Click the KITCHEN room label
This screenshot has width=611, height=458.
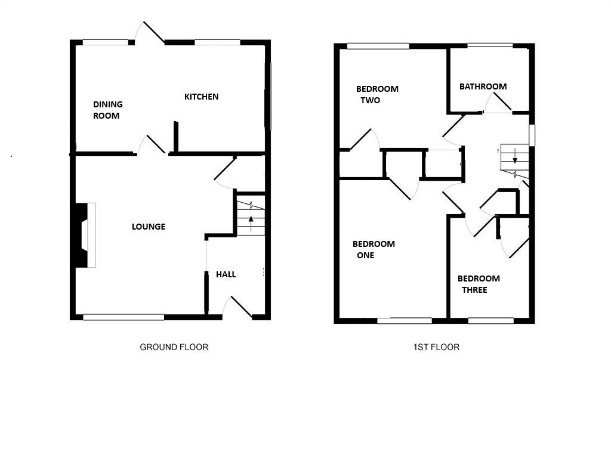(x=201, y=97)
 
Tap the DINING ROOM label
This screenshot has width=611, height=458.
(x=107, y=110)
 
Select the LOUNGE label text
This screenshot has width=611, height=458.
(x=149, y=227)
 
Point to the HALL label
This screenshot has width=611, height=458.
(x=226, y=274)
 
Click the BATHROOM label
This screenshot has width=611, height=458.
(x=483, y=86)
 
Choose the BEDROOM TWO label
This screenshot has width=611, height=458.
(x=377, y=95)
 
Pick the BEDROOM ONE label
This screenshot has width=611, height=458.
(x=374, y=249)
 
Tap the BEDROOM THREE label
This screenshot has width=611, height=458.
(x=479, y=284)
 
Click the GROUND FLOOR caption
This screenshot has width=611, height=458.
(x=174, y=347)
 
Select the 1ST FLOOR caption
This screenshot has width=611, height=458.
(x=436, y=347)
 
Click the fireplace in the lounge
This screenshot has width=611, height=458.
(x=83, y=235)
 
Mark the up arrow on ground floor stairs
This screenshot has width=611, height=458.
(x=251, y=224)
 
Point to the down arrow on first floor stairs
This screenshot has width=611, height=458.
(x=514, y=159)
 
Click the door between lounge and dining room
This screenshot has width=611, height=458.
(x=153, y=145)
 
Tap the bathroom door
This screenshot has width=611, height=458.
(x=498, y=104)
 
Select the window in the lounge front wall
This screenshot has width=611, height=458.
(x=123, y=317)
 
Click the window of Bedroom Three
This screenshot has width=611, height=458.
(x=490, y=321)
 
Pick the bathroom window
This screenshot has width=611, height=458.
(x=490, y=45)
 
